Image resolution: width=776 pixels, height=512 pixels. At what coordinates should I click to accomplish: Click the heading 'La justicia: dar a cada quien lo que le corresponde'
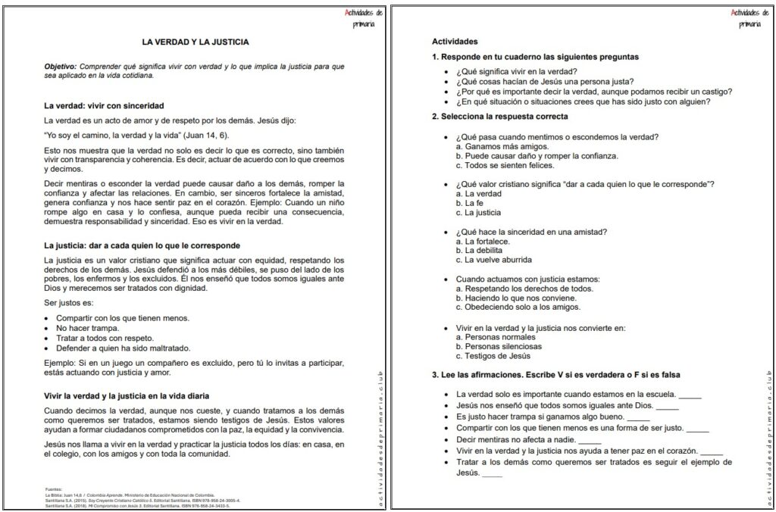[142, 245]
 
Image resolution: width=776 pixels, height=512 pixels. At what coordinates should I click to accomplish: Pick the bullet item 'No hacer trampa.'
[88, 328]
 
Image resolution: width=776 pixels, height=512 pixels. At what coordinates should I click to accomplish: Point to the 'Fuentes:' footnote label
[55, 489]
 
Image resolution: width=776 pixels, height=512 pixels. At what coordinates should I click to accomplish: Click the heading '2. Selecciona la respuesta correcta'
[499, 117]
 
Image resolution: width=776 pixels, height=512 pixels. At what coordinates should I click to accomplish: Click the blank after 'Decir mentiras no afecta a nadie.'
[589, 441]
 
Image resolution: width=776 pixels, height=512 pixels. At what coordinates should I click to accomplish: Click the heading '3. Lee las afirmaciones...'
[555, 375]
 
